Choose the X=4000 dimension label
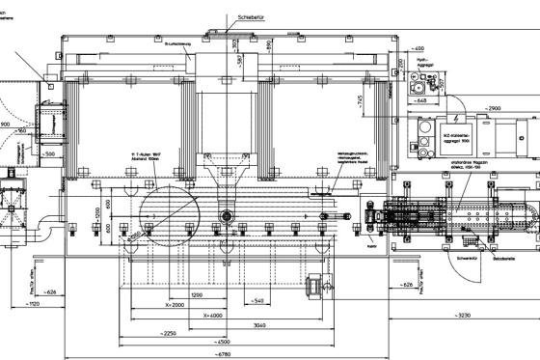point(207,315)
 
